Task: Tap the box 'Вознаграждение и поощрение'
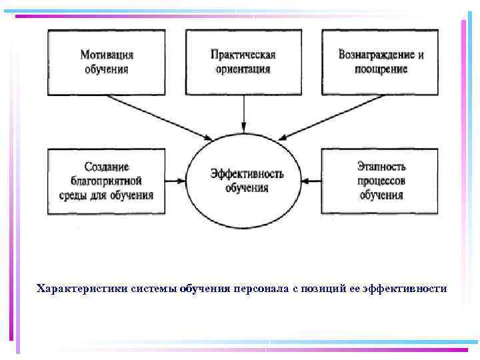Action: [381, 61]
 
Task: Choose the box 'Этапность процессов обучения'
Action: [381, 181]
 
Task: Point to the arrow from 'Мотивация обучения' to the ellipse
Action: [160, 117]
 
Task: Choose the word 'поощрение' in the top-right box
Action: [381, 69]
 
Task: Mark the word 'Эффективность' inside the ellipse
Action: [247, 174]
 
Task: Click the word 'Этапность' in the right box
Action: [381, 167]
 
